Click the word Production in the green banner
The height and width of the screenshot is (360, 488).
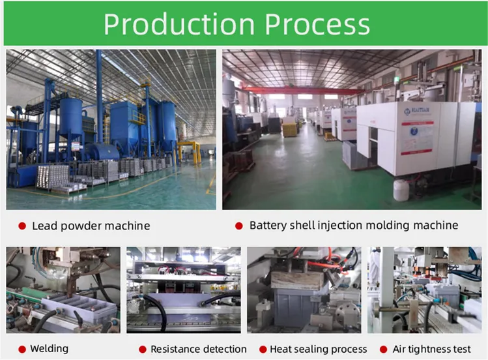coord(179,24)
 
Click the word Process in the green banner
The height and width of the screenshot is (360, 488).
coord(317,24)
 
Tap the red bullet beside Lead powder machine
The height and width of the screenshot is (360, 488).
coord(22,226)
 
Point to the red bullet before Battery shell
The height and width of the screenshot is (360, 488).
coord(239,226)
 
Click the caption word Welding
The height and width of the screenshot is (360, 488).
coord(49,349)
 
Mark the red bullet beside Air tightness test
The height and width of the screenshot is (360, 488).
coord(383,350)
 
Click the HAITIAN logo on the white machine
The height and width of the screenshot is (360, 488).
coord(417,111)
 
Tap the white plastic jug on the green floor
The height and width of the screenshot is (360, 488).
coord(401,190)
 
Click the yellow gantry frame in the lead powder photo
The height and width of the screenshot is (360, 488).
coord(189,152)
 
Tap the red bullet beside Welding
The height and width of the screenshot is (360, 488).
coord(22,350)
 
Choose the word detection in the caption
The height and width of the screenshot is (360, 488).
coord(224,349)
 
